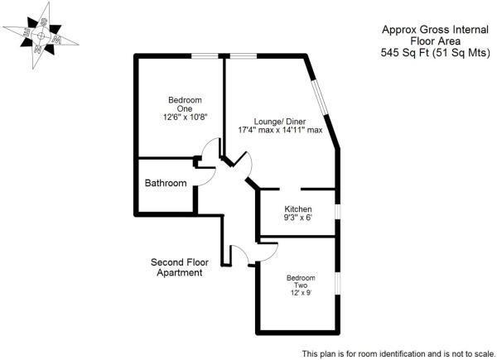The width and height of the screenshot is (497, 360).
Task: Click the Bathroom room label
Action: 166,183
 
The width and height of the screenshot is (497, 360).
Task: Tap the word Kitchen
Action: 298,209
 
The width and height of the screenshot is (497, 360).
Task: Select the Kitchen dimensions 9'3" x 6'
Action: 298,218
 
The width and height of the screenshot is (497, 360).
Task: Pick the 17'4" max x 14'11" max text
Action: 279,130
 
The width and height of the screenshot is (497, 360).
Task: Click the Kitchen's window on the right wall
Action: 338,214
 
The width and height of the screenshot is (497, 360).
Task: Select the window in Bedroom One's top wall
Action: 205,55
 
